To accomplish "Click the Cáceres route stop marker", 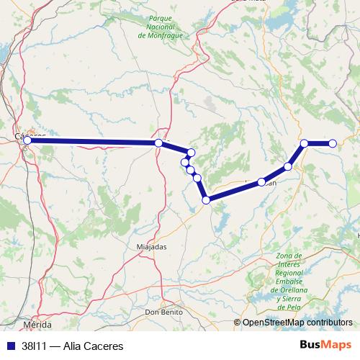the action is pos(27,140).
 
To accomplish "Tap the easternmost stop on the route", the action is pos(333,143).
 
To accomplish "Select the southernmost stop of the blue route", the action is pos(206,199).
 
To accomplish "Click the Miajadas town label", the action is pos(150,246).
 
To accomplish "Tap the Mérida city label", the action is pos(37,325).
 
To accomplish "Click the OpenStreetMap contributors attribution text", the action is pos(297,323).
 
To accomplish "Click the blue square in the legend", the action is pos(10,346).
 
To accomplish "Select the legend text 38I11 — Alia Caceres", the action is pos(68,346).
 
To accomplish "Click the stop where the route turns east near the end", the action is pos(305,143).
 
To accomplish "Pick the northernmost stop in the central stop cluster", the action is pos(191,152).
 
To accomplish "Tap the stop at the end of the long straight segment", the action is pos(158,143).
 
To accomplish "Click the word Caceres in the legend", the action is pos(94,346).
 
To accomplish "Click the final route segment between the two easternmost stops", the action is pos(319,143).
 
